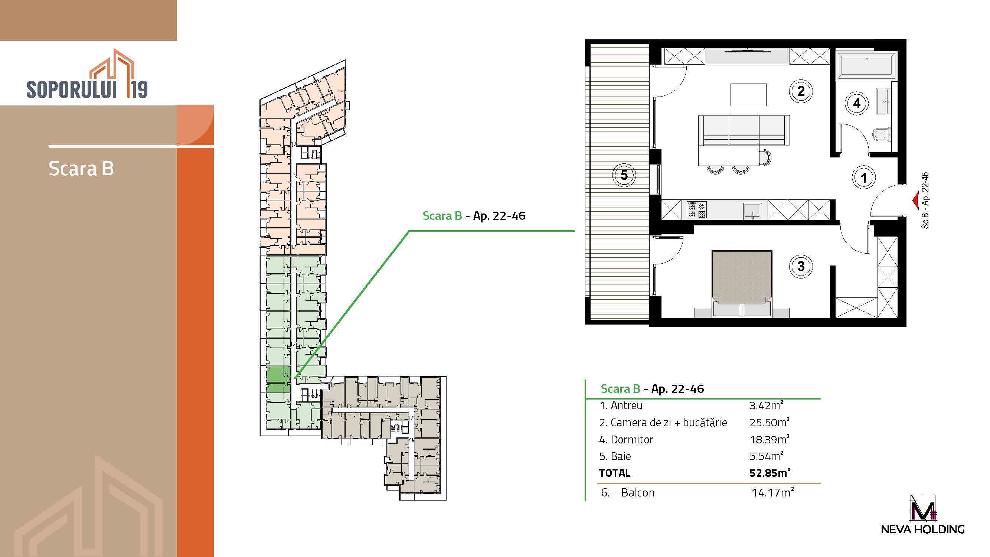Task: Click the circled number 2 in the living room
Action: (x=801, y=91)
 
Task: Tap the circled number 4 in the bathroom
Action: (x=857, y=103)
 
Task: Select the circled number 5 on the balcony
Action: (x=624, y=175)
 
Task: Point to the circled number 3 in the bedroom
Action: (x=801, y=266)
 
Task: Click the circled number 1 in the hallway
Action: (x=864, y=178)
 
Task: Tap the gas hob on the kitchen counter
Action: (x=696, y=210)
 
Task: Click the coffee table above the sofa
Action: (x=748, y=95)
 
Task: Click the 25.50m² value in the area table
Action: (x=770, y=422)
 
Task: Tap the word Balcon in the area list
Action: (x=638, y=492)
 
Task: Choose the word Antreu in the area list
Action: (x=627, y=405)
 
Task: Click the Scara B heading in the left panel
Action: (x=81, y=168)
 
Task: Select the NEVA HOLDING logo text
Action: (x=923, y=529)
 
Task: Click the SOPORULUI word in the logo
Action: (x=72, y=89)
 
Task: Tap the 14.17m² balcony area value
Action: (x=773, y=492)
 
